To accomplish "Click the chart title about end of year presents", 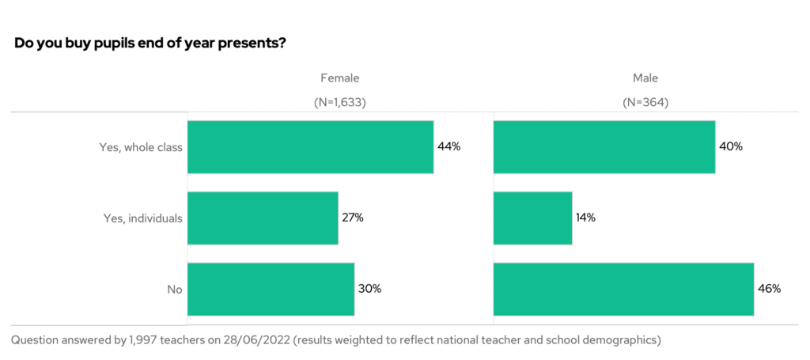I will tap(150, 43).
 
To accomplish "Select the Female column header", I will tap(339, 78).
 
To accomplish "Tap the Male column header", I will tap(645, 78).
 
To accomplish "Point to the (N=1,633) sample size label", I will tap(339, 102).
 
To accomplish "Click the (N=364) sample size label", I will tap(645, 102).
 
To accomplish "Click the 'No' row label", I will tap(175, 290).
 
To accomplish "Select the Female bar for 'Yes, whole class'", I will tap(310, 147).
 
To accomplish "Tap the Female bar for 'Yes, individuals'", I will tap(263, 218).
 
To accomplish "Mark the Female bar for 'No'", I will tap(271, 289).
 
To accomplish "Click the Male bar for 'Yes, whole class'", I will tap(604, 147).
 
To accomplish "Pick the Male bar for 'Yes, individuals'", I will tap(532, 218).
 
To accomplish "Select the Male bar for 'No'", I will tap(623, 289).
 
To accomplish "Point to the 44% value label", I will tap(449, 147).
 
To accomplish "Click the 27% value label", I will tap(353, 218).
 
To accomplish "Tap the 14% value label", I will tap(586, 218).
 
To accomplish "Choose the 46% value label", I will tap(770, 289).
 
